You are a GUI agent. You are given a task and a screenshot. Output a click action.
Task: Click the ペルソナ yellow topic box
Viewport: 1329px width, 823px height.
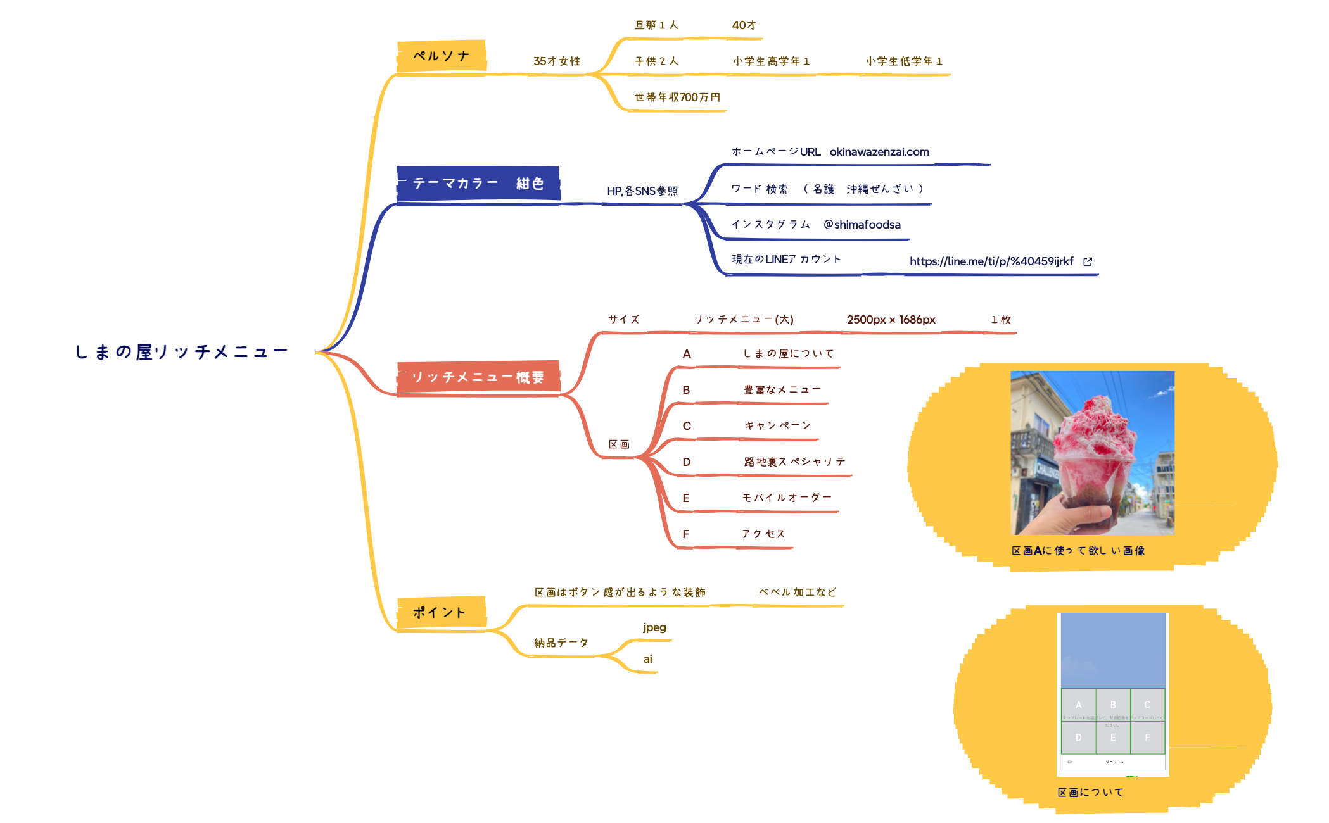click(442, 56)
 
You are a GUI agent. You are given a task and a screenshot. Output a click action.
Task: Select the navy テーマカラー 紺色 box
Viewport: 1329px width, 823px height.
click(478, 184)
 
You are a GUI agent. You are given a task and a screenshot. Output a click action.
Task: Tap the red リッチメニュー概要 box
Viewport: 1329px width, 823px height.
click(478, 377)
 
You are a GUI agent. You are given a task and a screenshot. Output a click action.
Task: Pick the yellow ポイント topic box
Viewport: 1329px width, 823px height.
click(441, 613)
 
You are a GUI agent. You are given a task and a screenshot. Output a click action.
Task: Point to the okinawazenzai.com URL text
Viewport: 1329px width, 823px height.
click(879, 152)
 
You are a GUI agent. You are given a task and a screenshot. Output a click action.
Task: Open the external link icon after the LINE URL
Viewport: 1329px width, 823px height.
click(1088, 261)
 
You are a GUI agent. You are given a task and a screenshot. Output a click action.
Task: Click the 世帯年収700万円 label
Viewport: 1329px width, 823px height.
click(677, 97)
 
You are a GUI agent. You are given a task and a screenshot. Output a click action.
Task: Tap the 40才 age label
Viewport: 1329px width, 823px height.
click(744, 25)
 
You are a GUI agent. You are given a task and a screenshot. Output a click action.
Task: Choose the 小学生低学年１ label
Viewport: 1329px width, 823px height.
click(905, 61)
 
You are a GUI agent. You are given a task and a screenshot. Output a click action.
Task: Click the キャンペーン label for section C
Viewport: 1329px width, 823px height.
click(777, 426)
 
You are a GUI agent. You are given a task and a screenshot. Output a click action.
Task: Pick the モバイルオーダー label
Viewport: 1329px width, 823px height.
click(787, 498)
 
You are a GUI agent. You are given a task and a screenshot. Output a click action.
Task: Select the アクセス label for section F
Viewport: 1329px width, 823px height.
click(763, 534)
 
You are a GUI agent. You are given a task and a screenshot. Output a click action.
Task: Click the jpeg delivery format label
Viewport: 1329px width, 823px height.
click(654, 627)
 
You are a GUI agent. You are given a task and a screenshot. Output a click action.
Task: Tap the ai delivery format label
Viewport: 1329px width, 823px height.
click(647, 659)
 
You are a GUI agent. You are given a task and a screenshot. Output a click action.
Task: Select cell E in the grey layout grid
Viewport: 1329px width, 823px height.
click(1113, 738)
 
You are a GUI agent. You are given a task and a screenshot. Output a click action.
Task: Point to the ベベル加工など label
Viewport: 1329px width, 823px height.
click(798, 593)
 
